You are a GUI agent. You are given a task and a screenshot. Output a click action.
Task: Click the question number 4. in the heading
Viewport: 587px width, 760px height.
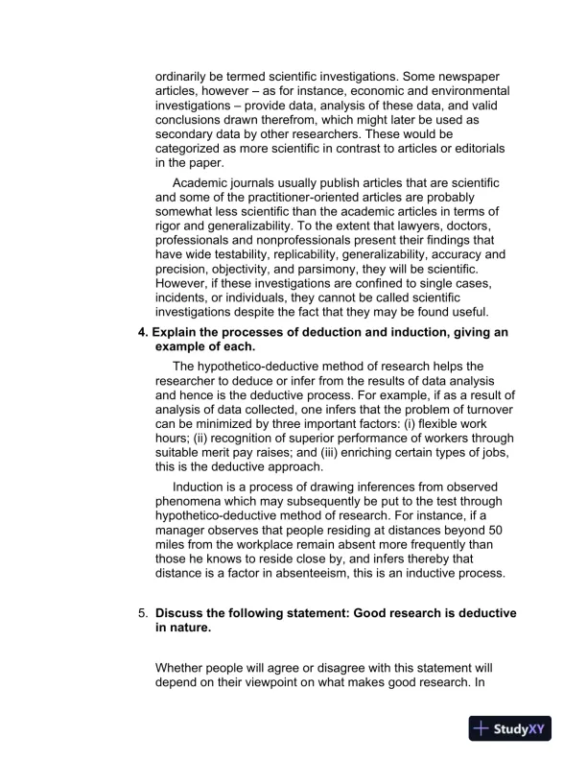[x=145, y=332]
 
